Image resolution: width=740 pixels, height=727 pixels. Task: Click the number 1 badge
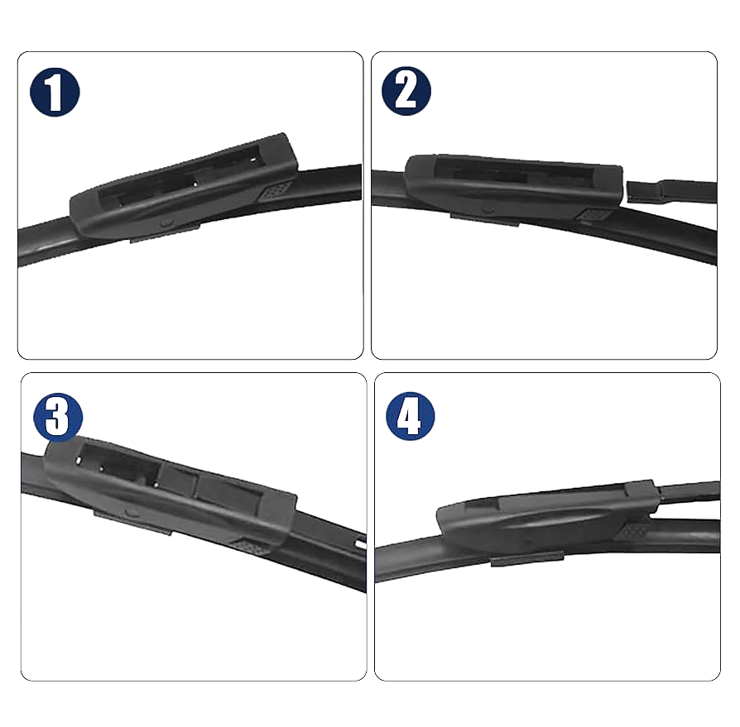(x=55, y=92)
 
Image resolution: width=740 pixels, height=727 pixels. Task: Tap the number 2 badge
(x=406, y=91)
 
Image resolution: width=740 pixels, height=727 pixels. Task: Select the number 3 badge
(x=58, y=417)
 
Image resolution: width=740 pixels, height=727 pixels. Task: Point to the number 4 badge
(x=410, y=416)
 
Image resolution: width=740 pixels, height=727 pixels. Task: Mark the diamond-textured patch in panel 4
(x=632, y=531)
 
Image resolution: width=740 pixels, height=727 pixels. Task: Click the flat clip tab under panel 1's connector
(x=164, y=234)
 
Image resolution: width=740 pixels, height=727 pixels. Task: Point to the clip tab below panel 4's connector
(x=527, y=558)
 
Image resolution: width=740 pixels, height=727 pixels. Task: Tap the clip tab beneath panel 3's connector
(x=132, y=523)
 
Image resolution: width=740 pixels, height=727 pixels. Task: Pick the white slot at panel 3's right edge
(x=361, y=544)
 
